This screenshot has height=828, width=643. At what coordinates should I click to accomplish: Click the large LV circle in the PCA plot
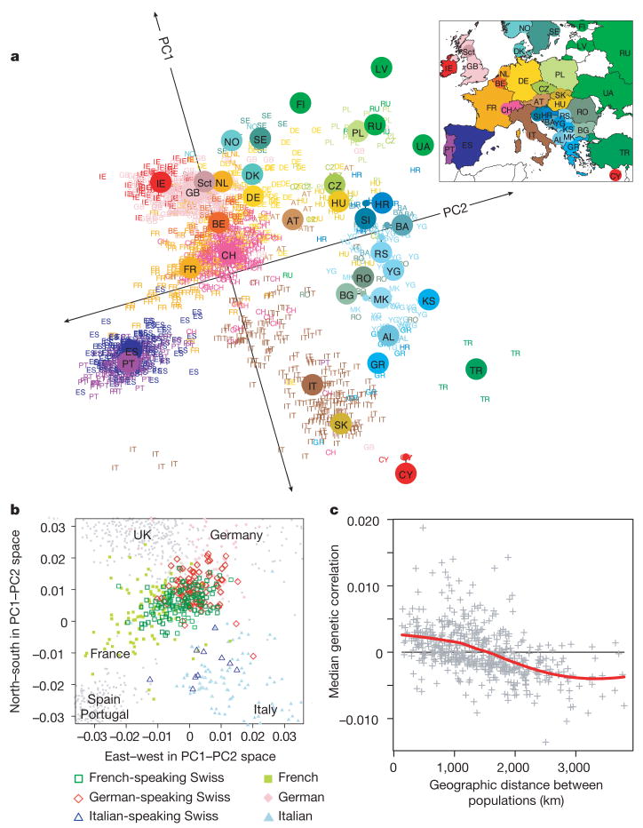(x=383, y=69)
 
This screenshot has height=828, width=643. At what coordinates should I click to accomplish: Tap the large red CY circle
(x=406, y=474)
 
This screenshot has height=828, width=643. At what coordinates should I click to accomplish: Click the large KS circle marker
(x=428, y=300)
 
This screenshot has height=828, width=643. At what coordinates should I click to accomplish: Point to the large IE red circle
(x=160, y=183)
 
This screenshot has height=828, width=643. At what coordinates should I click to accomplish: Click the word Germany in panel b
(x=236, y=536)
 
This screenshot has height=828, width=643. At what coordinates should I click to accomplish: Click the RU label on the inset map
(x=624, y=53)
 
